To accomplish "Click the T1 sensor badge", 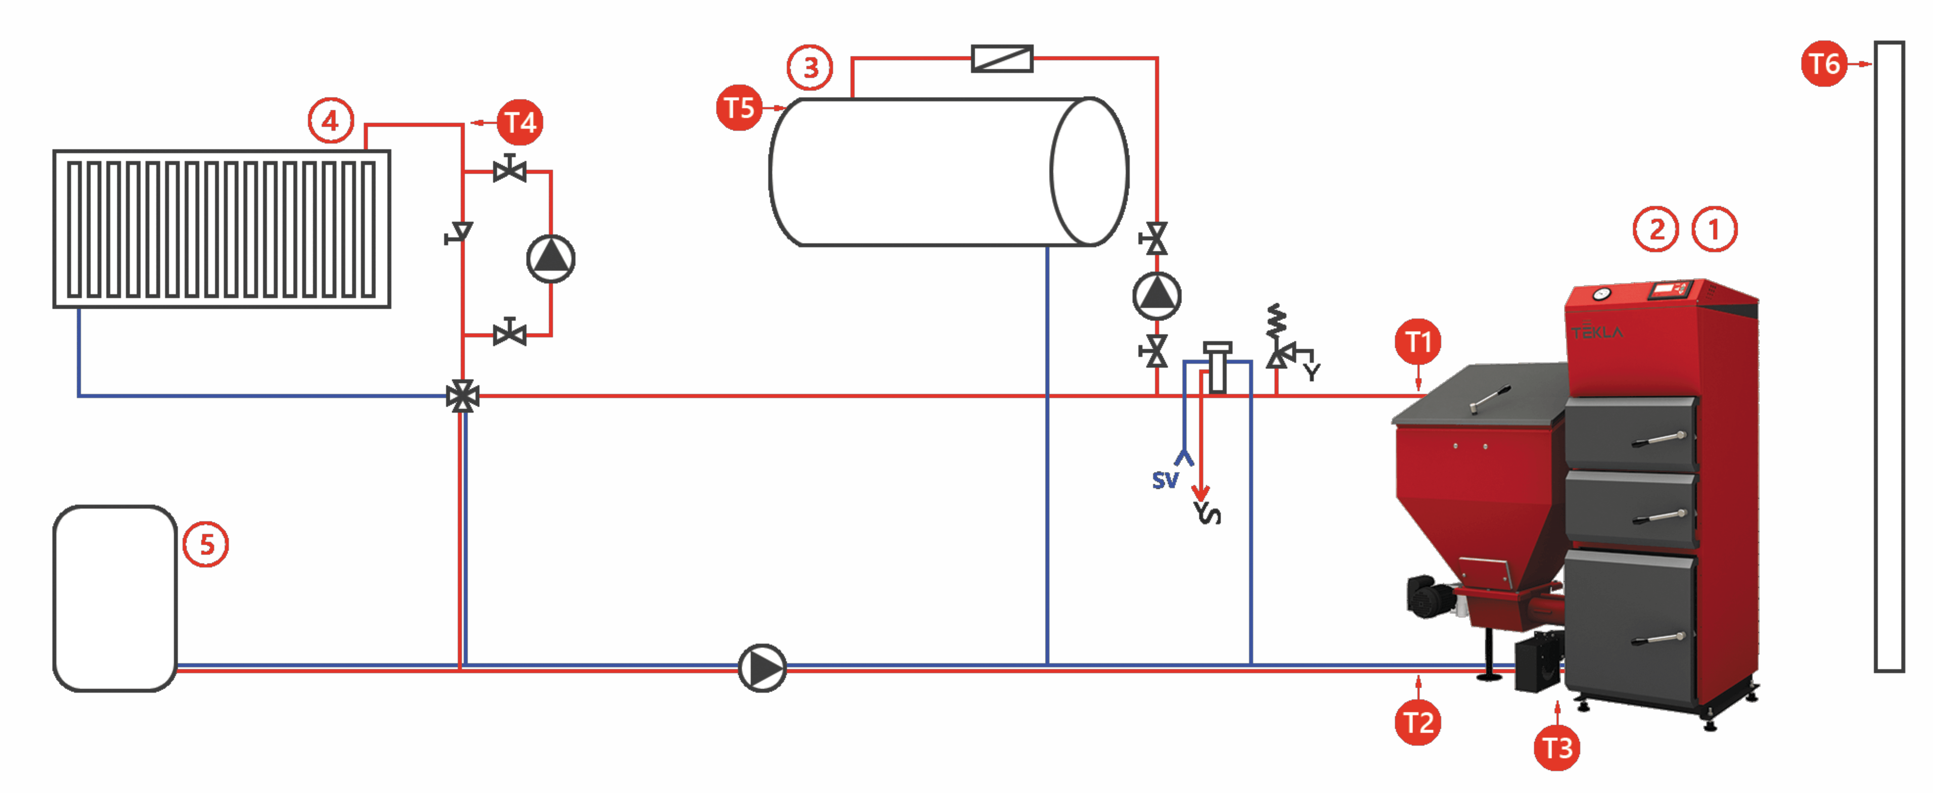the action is tap(1417, 342).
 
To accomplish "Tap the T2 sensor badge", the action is tap(1417, 723).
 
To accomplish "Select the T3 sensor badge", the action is tap(1557, 748).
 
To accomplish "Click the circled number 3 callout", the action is tap(810, 67).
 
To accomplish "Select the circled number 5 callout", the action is tap(206, 545).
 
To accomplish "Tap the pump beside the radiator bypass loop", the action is tap(551, 259).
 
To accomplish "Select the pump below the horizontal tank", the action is tap(1156, 296).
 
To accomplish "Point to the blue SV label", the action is tap(1165, 480).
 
